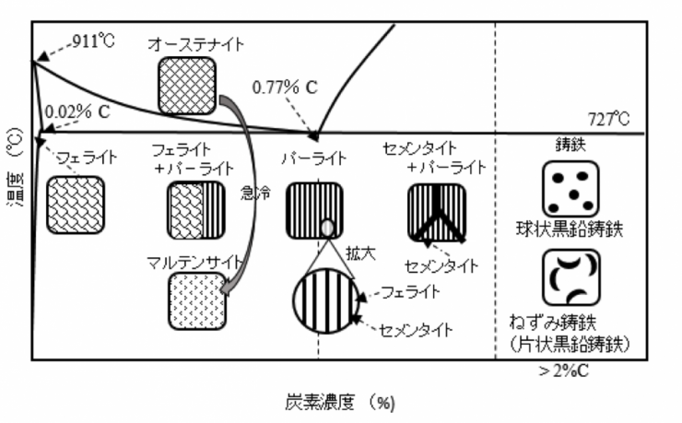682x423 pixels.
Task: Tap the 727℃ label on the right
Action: (610, 119)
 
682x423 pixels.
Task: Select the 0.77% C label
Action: (285, 88)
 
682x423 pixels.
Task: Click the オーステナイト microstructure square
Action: (186, 87)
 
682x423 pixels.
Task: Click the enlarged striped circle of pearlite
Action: (323, 301)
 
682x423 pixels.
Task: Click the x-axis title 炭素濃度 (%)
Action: (338, 402)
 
